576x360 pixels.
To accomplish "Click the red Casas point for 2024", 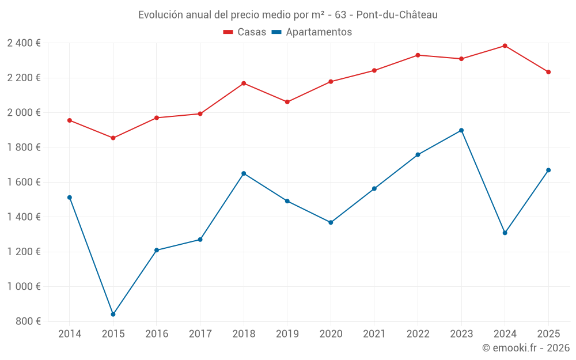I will pyautogui.click(x=505, y=46).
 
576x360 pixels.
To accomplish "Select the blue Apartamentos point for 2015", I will pyautogui.click(x=113, y=314).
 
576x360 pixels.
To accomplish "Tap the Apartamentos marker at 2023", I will pyautogui.click(x=461, y=130).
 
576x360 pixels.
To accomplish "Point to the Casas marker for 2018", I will pyautogui.click(x=244, y=84).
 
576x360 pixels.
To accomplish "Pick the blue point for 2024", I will pyautogui.click(x=505, y=233).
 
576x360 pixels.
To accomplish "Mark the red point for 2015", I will pyautogui.click(x=113, y=138).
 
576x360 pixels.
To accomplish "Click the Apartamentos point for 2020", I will pyautogui.click(x=331, y=222).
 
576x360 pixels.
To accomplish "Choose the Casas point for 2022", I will pyautogui.click(x=418, y=55).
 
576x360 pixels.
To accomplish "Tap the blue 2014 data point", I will pyautogui.click(x=70, y=198).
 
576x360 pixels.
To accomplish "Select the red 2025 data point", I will pyautogui.click(x=548, y=72).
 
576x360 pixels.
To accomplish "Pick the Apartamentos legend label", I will pyautogui.click(x=319, y=32).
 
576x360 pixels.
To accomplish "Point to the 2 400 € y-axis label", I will pyautogui.click(x=24, y=43).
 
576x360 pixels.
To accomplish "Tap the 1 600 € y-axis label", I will pyautogui.click(x=24, y=182).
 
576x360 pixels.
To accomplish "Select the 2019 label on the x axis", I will pyautogui.click(x=287, y=334).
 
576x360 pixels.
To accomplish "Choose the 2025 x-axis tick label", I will pyautogui.click(x=548, y=334).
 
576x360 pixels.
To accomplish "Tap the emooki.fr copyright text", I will pyautogui.click(x=526, y=348).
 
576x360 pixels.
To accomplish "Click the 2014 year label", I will pyautogui.click(x=70, y=334).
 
